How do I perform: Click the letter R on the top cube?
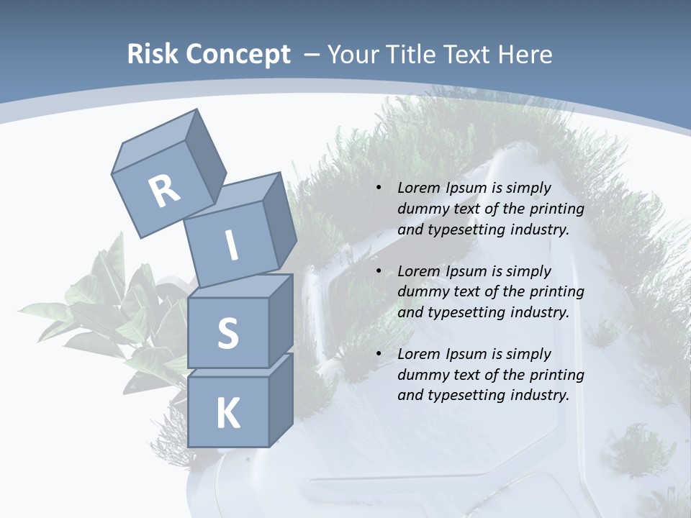(x=164, y=191)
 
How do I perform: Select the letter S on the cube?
(x=227, y=333)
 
